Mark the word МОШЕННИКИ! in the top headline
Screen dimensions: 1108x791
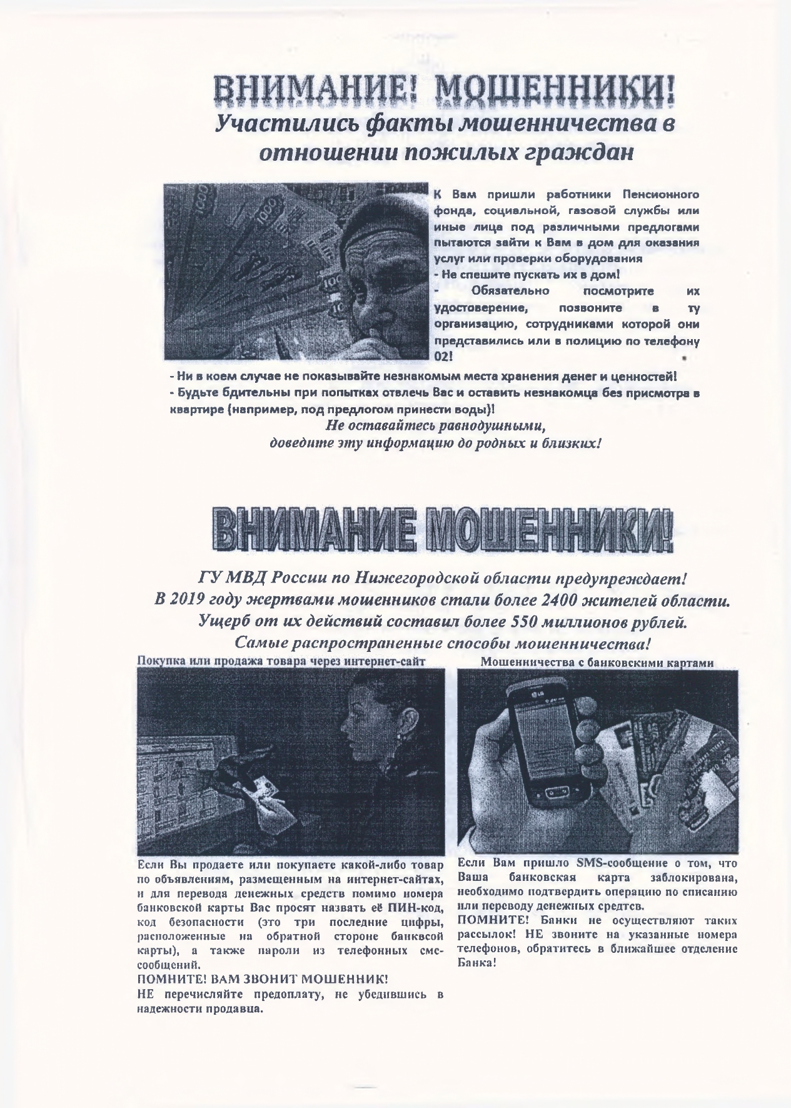click(555, 94)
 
